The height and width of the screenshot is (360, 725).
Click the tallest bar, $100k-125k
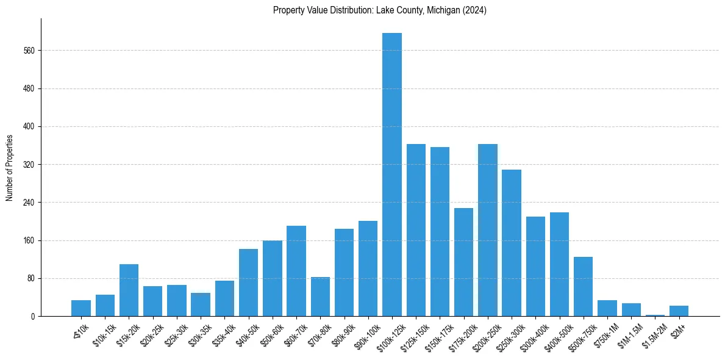coord(392,175)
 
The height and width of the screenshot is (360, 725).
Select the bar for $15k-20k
coord(129,290)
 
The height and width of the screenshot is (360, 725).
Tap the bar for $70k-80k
coord(320,297)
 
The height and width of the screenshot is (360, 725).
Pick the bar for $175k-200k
coord(463,262)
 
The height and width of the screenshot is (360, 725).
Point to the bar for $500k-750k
coord(583,287)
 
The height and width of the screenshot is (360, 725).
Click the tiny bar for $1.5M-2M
coord(655,315)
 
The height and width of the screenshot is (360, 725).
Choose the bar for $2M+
coord(679,311)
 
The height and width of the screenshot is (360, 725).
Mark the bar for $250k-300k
coord(512,243)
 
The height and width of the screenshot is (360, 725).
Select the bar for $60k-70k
coord(296,271)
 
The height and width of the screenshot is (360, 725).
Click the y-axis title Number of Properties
coord(9,168)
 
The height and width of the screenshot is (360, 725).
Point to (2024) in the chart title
coord(474,10)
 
